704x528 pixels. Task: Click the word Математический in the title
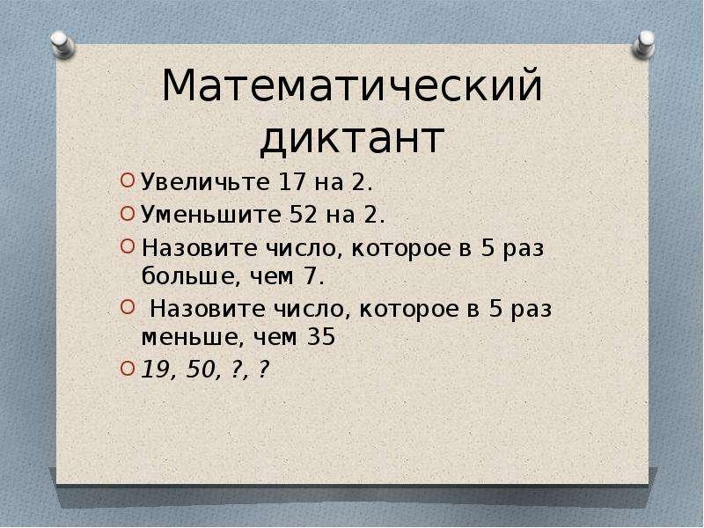[x=352, y=89]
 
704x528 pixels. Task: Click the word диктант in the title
[x=352, y=139]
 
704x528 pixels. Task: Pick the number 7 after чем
[x=311, y=277]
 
